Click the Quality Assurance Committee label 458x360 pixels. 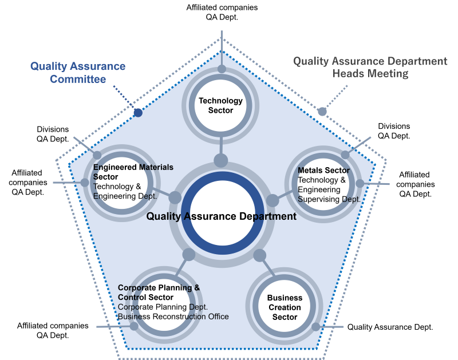pos(78,73)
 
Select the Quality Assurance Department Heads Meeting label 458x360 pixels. pos(370,67)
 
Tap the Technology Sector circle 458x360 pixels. pos(221,105)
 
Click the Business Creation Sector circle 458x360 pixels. pos(285,307)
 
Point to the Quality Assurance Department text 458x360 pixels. pos(221,216)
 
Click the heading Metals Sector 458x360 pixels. pos(323,171)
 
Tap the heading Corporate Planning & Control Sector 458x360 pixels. pos(159,292)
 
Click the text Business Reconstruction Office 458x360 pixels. pos(173,317)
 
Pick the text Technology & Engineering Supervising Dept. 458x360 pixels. pos(329,189)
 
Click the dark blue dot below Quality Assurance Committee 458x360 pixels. pos(137,112)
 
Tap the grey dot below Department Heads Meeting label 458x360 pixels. pos(322,112)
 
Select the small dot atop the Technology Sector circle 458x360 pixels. pos(222,69)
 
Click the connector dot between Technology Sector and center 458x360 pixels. pos(220,160)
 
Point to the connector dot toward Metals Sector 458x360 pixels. pos(273,200)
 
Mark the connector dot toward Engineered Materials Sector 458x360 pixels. pos(175,197)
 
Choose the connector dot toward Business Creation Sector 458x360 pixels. pos(259,255)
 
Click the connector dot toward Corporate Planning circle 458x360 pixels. pos(188,255)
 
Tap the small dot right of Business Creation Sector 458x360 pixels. pos(316,327)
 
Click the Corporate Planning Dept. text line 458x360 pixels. pos(163,307)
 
